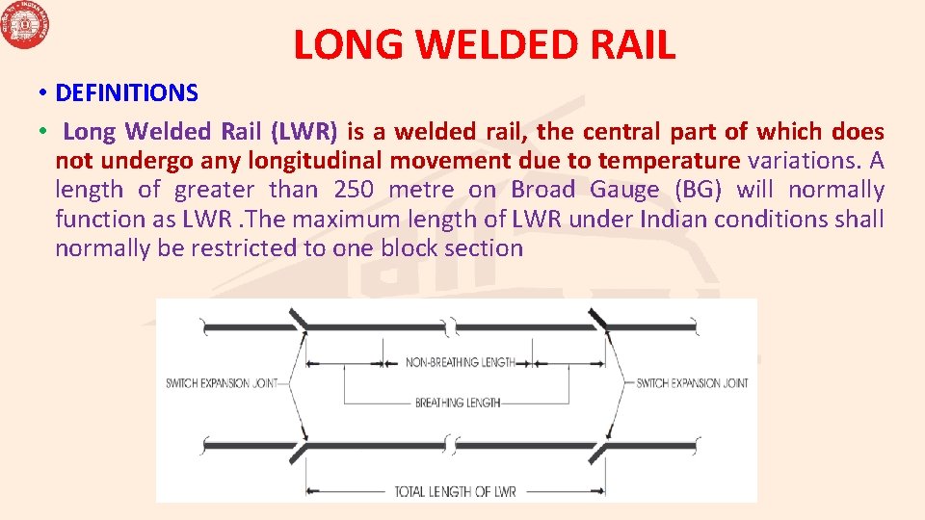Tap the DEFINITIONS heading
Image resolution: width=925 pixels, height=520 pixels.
(126, 92)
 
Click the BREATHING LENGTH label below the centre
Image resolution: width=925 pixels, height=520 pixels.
(458, 403)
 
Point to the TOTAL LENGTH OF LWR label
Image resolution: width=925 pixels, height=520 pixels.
(455, 492)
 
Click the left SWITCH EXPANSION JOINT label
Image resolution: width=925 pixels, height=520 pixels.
(222, 383)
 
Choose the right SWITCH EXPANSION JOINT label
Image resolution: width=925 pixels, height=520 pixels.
(692, 383)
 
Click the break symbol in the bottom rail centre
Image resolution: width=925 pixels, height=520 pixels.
(451, 447)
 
